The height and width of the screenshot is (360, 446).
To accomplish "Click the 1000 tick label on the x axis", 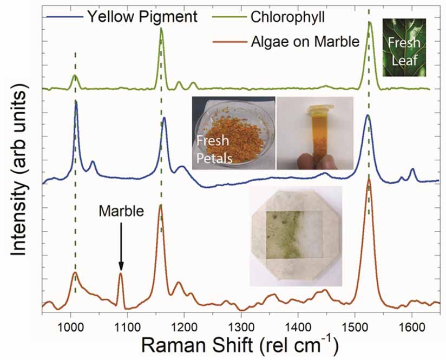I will (70, 326).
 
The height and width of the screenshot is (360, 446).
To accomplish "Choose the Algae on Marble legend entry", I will (305, 41).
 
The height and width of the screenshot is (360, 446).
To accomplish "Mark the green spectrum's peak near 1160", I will (161, 30).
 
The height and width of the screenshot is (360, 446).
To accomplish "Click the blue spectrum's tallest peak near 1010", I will (76, 103).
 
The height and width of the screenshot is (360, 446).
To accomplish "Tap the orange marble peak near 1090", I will (121, 274).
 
